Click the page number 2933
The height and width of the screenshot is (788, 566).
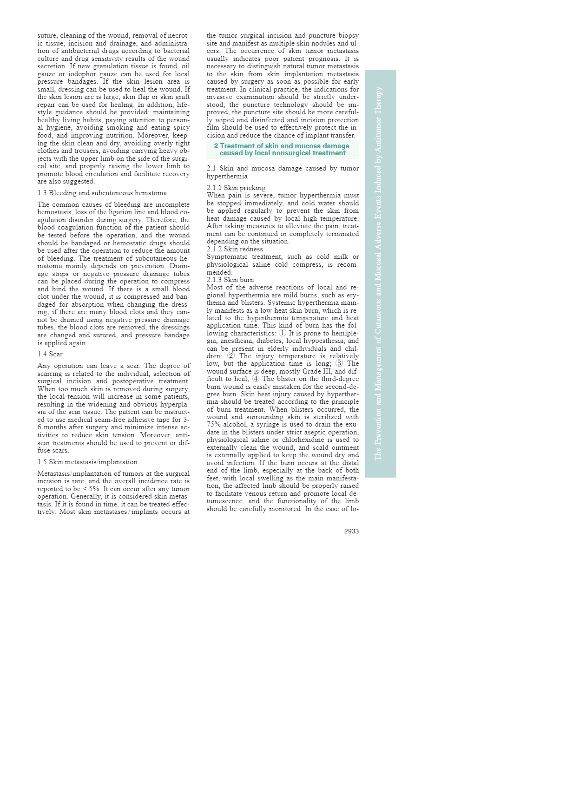(351, 531)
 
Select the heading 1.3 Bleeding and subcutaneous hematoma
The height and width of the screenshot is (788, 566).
(102, 193)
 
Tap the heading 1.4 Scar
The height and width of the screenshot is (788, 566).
(50, 354)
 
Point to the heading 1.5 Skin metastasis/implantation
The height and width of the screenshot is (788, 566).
(87, 462)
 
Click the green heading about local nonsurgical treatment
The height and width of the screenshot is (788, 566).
(282, 149)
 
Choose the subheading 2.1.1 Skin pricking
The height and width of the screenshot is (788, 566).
(236, 188)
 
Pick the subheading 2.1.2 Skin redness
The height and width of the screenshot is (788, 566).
(235, 249)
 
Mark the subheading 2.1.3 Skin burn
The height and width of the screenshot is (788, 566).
(230, 280)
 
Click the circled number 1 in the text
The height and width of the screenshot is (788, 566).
(282, 333)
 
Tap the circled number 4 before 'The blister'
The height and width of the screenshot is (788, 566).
(256, 379)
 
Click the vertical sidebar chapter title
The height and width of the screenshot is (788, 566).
(379, 273)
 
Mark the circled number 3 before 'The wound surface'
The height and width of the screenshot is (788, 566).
(339, 363)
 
